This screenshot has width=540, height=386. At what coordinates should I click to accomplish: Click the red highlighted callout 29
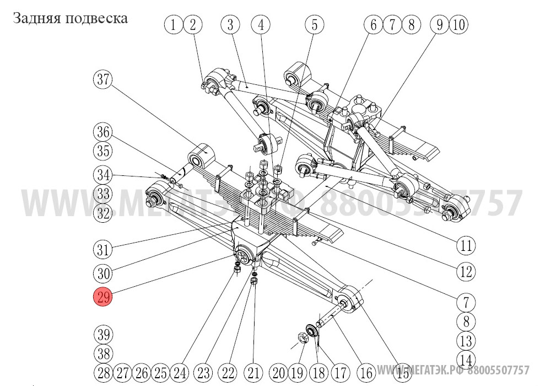click(x=102, y=298)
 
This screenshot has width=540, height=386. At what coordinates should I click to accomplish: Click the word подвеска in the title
click(x=96, y=19)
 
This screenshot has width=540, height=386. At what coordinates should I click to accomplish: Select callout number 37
click(x=102, y=80)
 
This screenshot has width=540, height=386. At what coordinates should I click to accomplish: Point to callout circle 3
click(x=231, y=25)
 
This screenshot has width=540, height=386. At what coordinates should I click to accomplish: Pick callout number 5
click(x=315, y=25)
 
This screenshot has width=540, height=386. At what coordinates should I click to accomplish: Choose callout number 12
click(x=466, y=272)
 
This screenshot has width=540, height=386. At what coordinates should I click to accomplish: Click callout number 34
click(x=102, y=176)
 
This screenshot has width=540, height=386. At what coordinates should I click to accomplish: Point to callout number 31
click(x=102, y=249)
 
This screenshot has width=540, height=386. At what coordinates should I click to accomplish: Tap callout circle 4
click(x=261, y=25)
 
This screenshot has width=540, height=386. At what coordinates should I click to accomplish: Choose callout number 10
click(x=459, y=25)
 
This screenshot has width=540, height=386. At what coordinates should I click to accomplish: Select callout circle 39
click(x=102, y=335)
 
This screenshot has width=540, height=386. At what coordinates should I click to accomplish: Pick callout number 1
click(x=174, y=25)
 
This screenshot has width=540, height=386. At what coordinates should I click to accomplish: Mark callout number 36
click(x=102, y=133)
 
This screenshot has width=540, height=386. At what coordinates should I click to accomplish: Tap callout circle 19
click(x=298, y=373)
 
